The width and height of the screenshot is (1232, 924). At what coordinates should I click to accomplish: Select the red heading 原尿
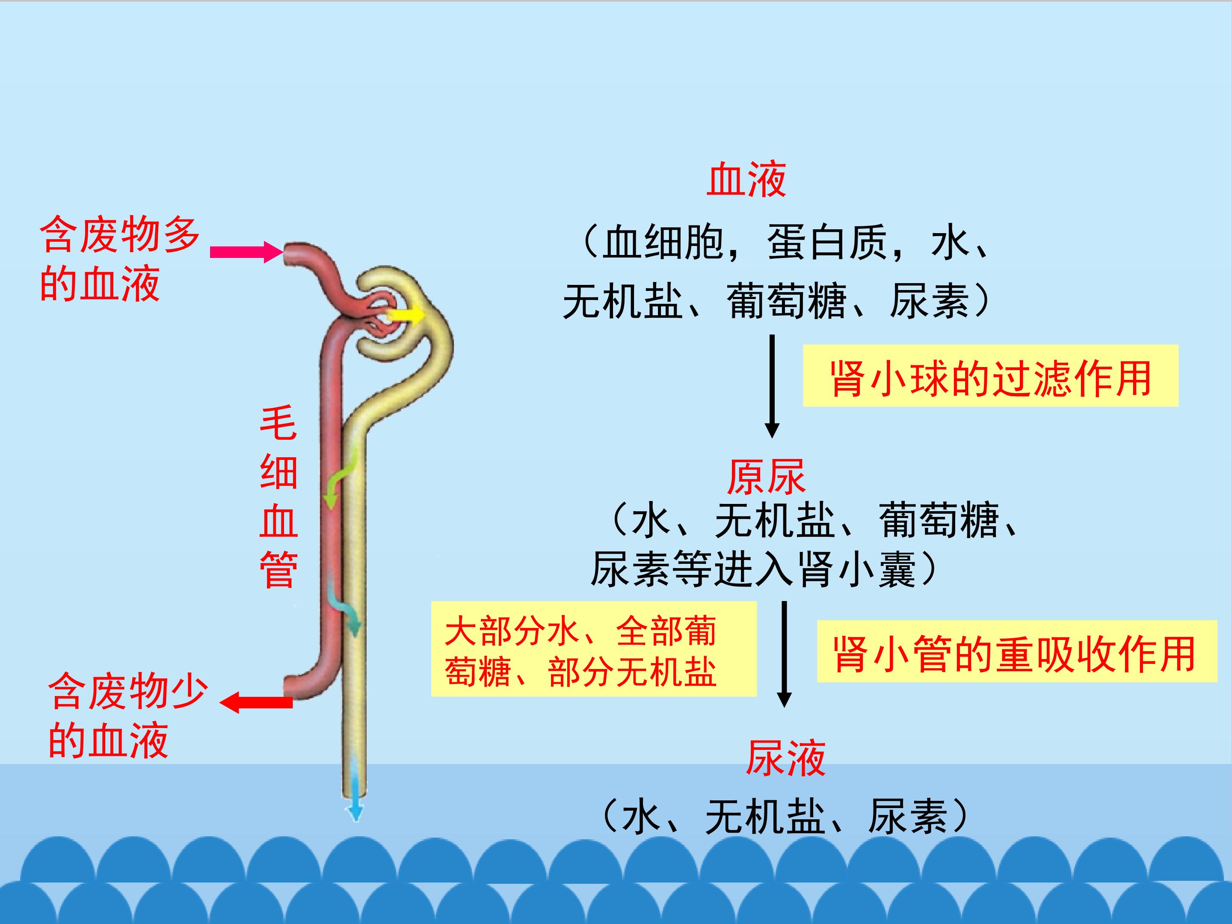point(766,477)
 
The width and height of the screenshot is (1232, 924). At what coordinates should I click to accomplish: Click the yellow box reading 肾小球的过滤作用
point(990,376)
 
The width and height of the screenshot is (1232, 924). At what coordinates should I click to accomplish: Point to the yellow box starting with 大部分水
point(593,649)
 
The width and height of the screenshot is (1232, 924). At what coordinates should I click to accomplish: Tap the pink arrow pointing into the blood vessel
point(246,252)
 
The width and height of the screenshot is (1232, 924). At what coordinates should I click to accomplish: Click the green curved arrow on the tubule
point(340,479)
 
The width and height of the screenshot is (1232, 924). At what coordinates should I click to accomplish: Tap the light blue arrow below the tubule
point(355,802)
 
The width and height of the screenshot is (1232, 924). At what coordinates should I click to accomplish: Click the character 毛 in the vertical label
point(278,423)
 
